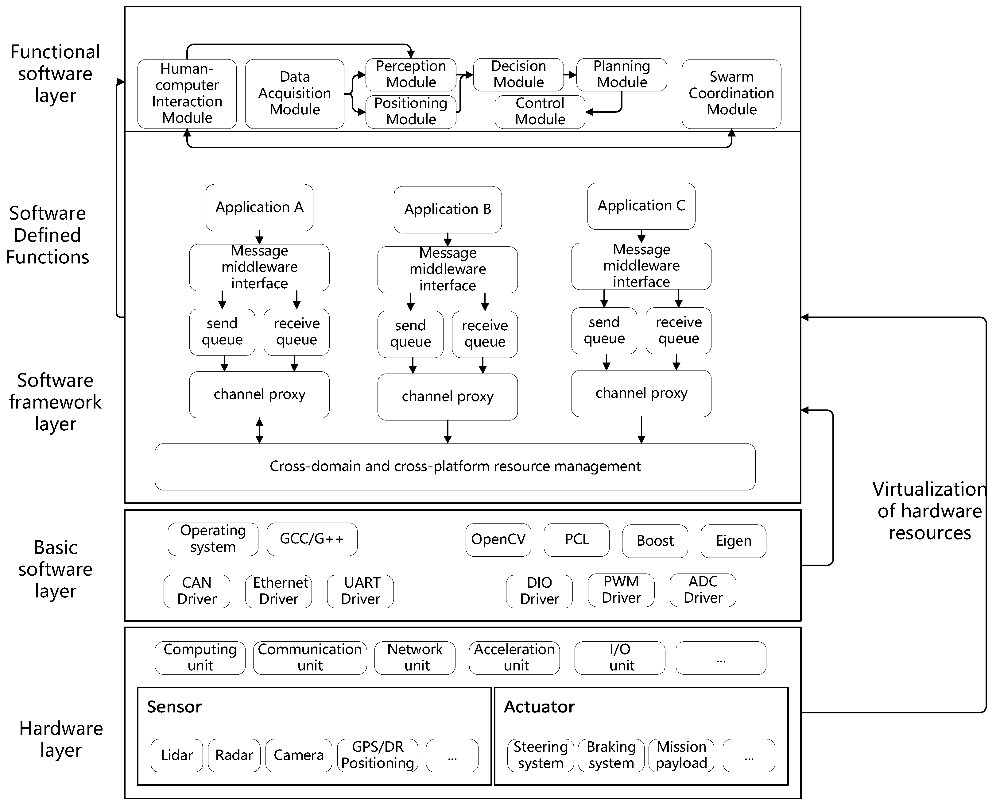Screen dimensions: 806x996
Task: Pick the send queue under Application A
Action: pos(222,332)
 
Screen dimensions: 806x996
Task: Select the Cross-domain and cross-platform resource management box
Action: pos(455,466)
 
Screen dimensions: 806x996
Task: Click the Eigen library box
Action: pos(733,541)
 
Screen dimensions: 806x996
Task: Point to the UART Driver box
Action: pos(360,591)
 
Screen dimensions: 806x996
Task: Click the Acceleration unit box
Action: pos(514,658)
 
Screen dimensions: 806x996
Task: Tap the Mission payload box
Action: pos(681,755)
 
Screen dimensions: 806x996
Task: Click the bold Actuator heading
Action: pos(539,707)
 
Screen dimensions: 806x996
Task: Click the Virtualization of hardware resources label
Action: pos(929,511)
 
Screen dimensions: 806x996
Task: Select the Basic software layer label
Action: pos(55,569)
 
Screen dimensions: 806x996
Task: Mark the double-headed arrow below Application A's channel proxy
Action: pos(259,431)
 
